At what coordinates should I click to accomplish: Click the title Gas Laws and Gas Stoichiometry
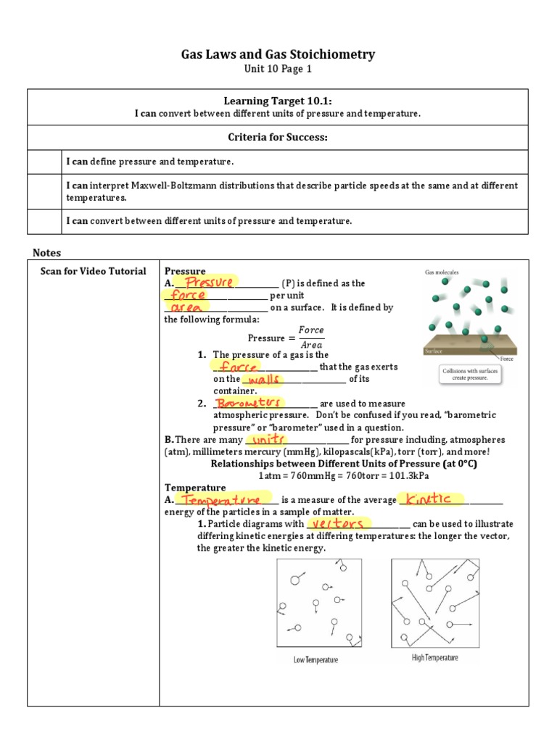[x=278, y=54]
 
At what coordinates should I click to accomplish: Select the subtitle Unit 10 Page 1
[x=278, y=69]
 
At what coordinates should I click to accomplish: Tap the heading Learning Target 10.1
[x=278, y=102]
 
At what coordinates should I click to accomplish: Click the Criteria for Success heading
[x=278, y=138]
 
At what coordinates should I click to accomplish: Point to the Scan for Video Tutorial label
[x=93, y=271]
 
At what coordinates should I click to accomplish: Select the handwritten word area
[x=187, y=307]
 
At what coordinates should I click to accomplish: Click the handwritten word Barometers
[x=249, y=402]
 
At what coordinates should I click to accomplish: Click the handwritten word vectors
[x=335, y=523]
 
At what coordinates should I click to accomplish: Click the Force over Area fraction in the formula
[x=311, y=338]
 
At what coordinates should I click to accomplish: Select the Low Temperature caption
[x=315, y=660]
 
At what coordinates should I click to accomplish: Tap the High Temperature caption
[x=434, y=658]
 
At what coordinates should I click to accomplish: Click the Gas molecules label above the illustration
[x=441, y=272]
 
